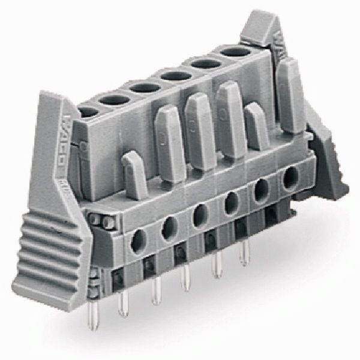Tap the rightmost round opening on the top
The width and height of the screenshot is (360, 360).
point(235,52)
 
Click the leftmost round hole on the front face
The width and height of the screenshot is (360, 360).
point(139,240)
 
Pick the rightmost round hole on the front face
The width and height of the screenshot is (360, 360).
point(290,178)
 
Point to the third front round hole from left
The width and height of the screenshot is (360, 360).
point(200,215)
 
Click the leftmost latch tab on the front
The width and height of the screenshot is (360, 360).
point(134,174)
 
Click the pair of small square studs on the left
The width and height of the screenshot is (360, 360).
point(101,223)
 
